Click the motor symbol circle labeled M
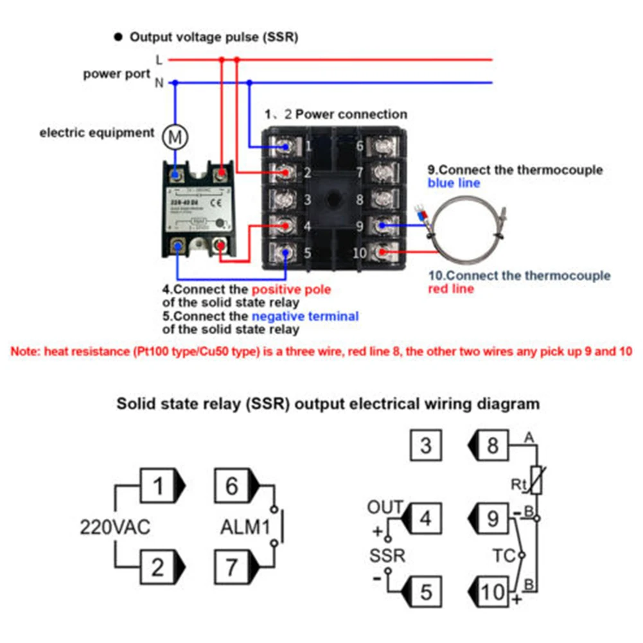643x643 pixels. pyautogui.click(x=174, y=135)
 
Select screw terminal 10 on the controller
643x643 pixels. pyautogui.click(x=383, y=252)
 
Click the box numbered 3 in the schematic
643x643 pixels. pyautogui.click(x=426, y=445)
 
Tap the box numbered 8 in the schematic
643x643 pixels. pyautogui.click(x=493, y=445)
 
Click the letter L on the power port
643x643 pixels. pyautogui.click(x=159, y=60)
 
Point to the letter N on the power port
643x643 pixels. pyautogui.click(x=159, y=83)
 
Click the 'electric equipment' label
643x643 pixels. pyautogui.click(x=97, y=133)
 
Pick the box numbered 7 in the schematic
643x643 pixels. pyautogui.click(x=232, y=567)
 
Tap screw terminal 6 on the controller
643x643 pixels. pyautogui.click(x=383, y=147)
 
